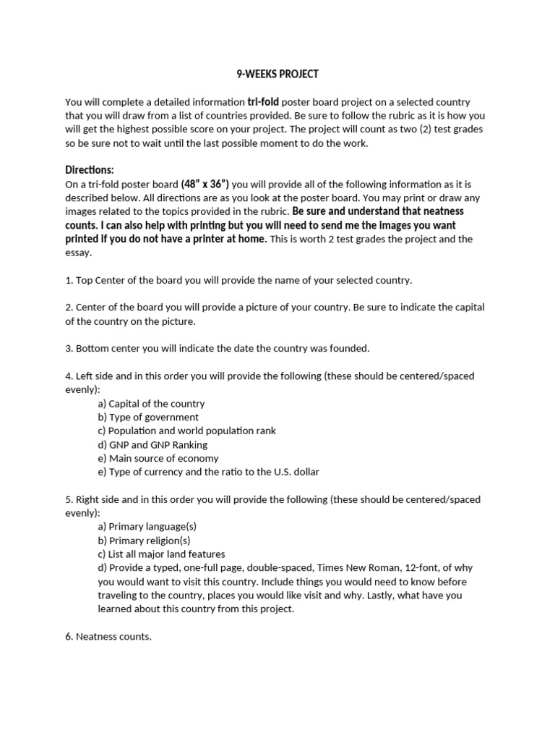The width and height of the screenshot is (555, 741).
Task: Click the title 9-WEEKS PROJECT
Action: click(277, 75)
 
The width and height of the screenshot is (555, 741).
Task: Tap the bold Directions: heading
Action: click(90, 170)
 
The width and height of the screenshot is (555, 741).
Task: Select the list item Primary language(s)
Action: click(146, 527)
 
